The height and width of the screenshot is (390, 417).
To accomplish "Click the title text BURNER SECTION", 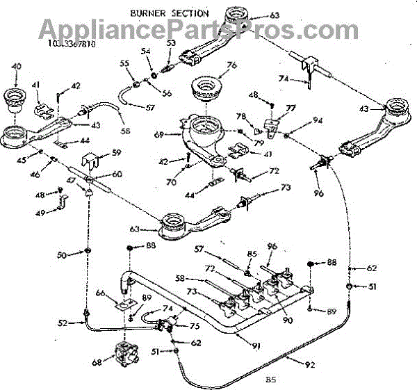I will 169,13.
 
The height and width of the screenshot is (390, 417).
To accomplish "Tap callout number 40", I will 17,67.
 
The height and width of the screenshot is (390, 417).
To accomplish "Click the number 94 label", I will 318,120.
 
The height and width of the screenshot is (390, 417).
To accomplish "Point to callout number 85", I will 252,254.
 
